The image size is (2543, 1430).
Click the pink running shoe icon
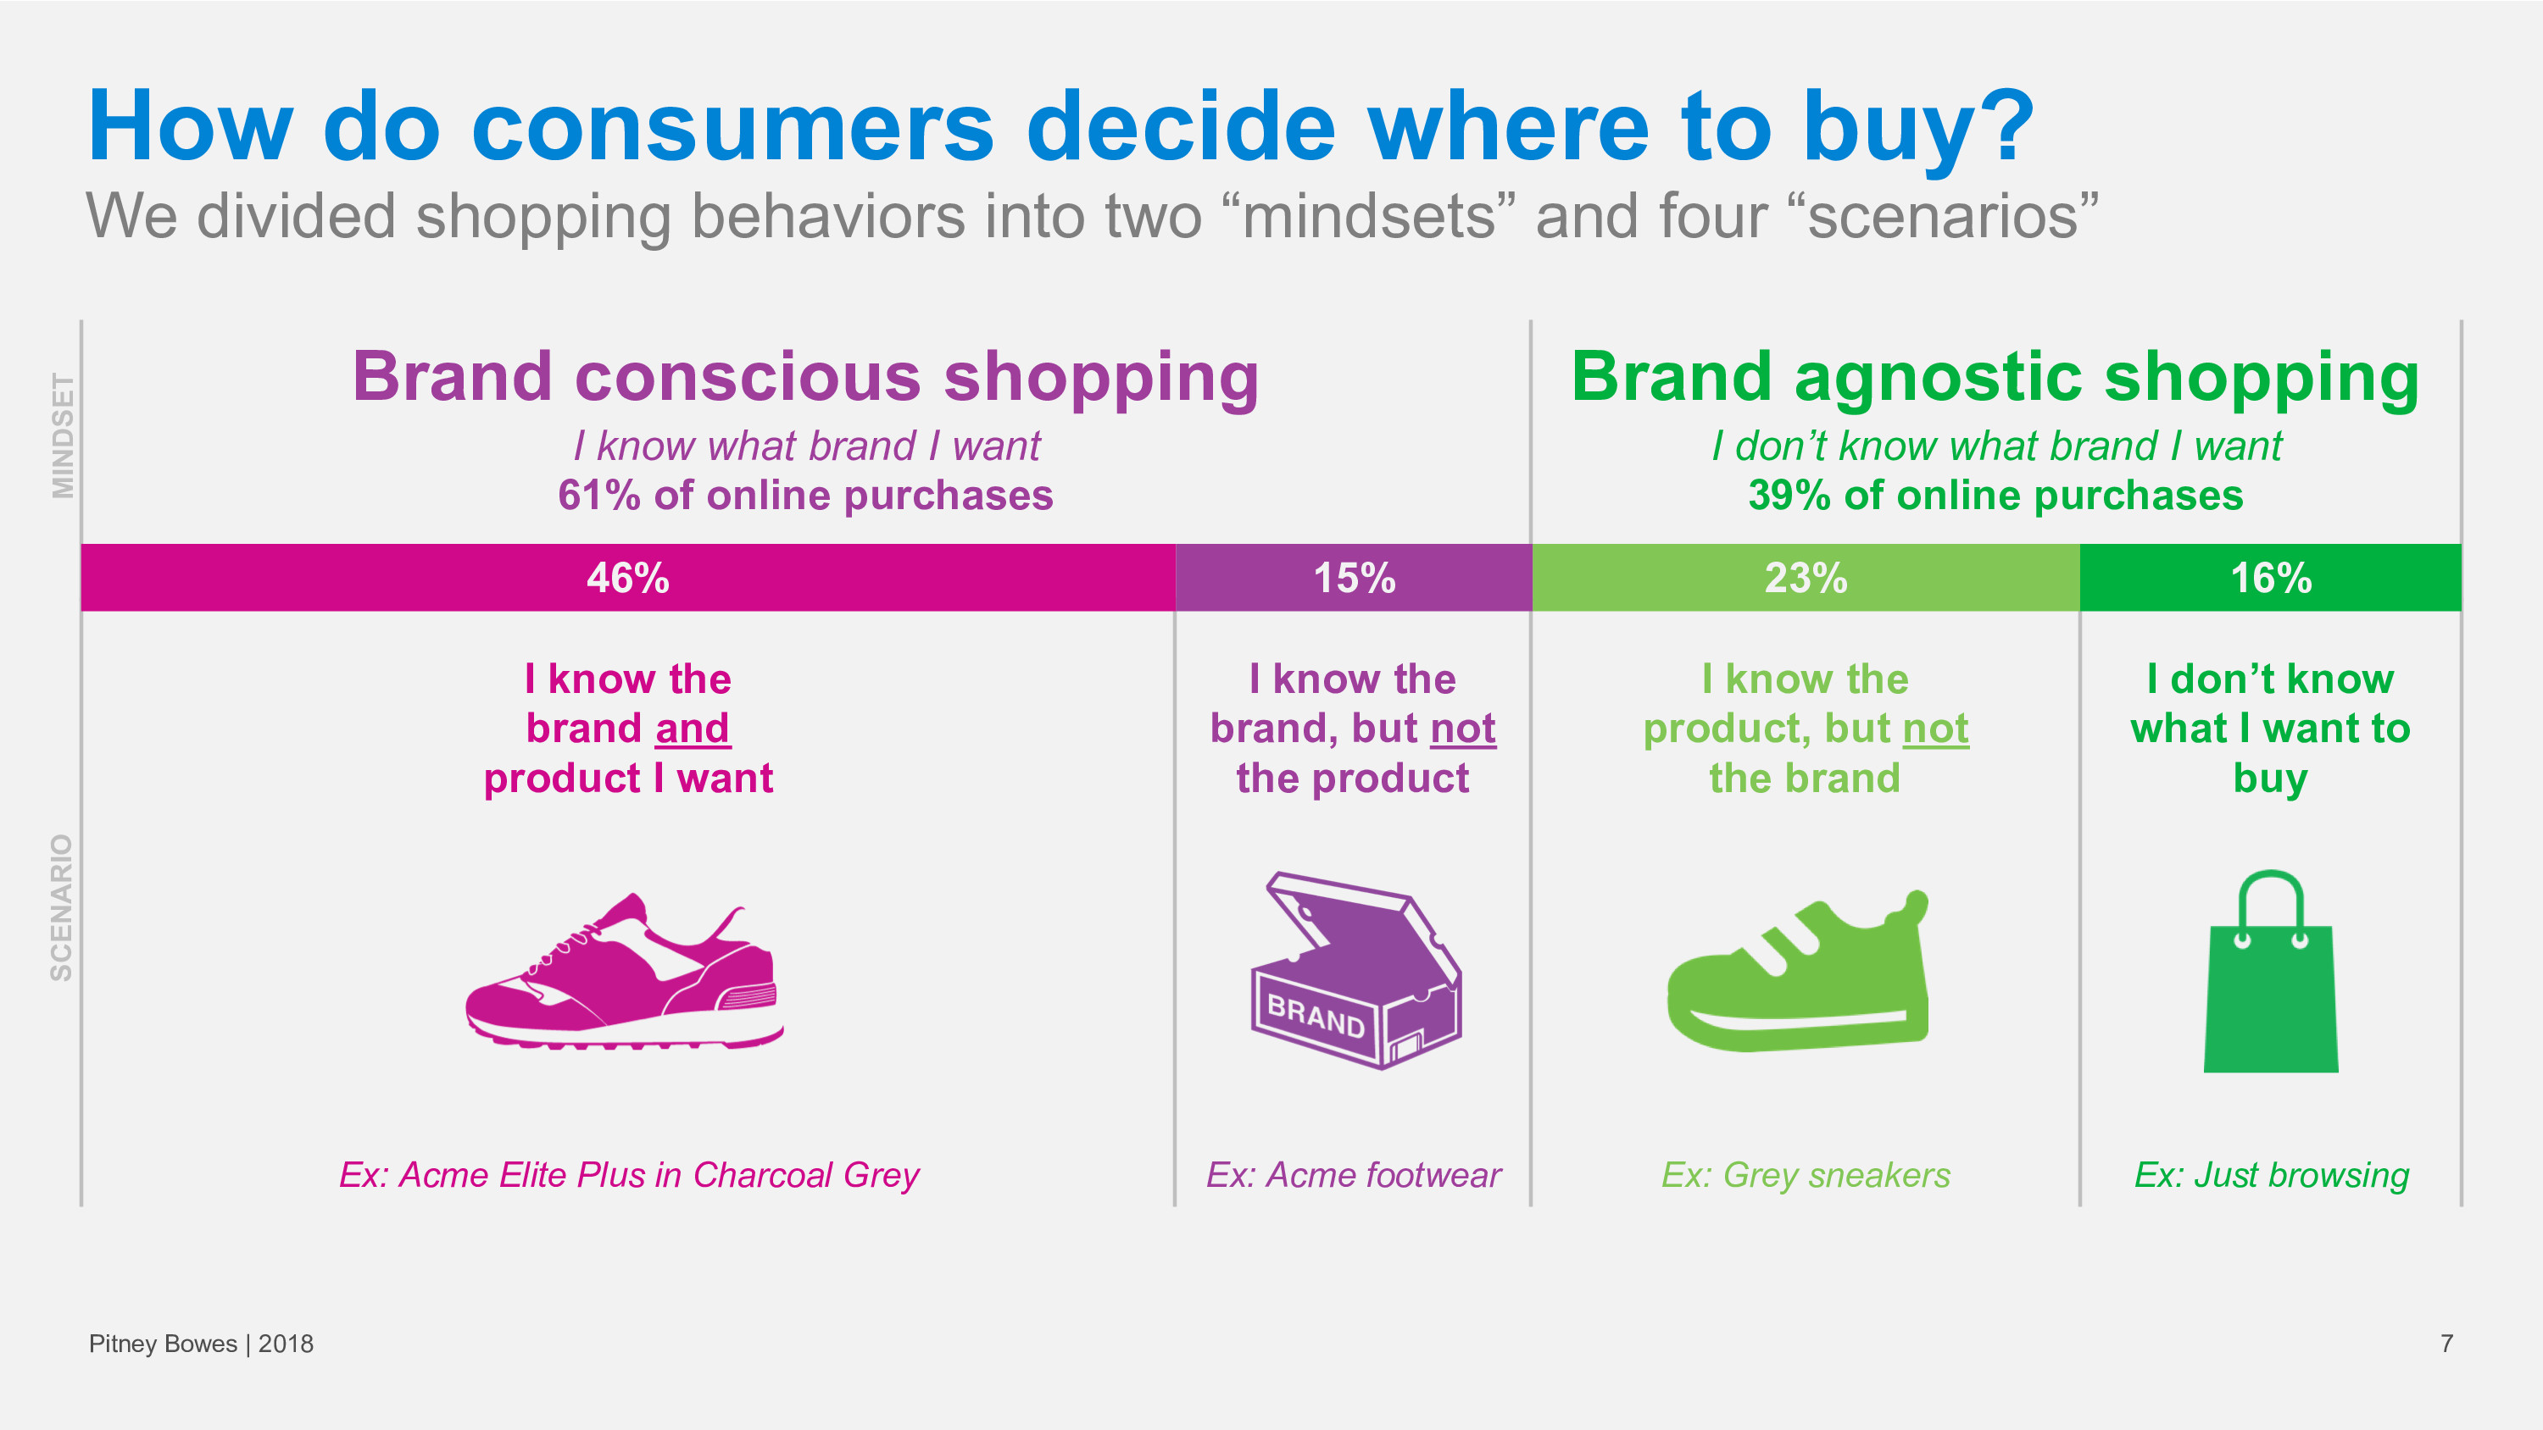(x=625, y=971)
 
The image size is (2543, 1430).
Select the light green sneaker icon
(x=1798, y=971)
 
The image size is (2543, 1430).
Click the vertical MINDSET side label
(x=62, y=435)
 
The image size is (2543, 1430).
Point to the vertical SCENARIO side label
(x=61, y=907)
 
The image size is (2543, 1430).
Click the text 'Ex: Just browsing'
(x=2272, y=1175)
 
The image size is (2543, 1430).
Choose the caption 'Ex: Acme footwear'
(x=1354, y=1175)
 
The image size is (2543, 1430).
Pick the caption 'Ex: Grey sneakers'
(x=1806, y=1175)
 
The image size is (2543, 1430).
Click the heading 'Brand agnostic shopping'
(x=1995, y=377)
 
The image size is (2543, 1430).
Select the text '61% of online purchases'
(x=805, y=496)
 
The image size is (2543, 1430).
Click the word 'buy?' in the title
(x=1919, y=128)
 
